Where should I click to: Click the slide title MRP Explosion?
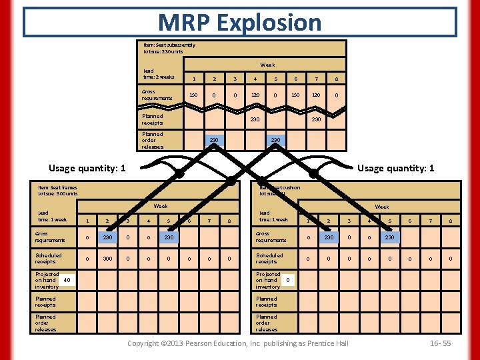pyautogui.click(x=240, y=22)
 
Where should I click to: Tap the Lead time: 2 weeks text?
pyautogui.click(x=159, y=73)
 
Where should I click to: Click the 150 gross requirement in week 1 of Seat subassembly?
pyautogui.click(x=193, y=95)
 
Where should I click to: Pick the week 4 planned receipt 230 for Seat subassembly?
pyautogui.click(x=254, y=119)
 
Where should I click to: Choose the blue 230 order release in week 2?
pyautogui.click(x=214, y=140)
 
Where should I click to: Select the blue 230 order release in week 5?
pyautogui.click(x=275, y=140)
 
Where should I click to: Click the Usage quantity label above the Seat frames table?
pyautogui.click(x=87, y=168)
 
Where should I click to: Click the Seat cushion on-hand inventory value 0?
pyautogui.click(x=287, y=280)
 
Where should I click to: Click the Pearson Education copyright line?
pyautogui.click(x=237, y=343)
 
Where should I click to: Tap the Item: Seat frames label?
pyautogui.click(x=57, y=187)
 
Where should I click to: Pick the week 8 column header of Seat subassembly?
pyautogui.click(x=336, y=79)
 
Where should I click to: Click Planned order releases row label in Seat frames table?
pyautogui.click(x=46, y=323)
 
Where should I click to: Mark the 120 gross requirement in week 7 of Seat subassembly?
pyautogui.click(x=315, y=95)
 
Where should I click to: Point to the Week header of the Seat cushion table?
pyautogui.click(x=382, y=207)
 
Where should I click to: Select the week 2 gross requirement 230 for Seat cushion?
pyautogui.click(x=328, y=237)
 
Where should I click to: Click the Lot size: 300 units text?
pyautogui.click(x=57, y=193)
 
